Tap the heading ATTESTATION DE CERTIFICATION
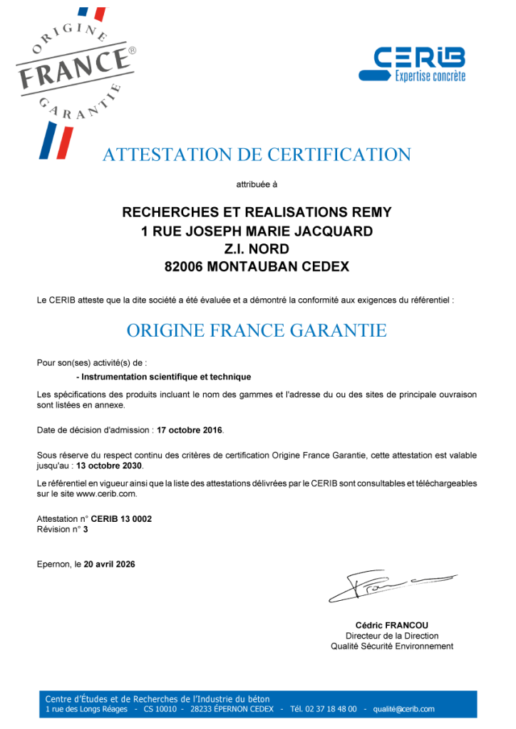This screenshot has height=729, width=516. pos(257,154)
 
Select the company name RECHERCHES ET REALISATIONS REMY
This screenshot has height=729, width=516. pos(257,212)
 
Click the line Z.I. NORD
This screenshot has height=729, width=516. pos(257,248)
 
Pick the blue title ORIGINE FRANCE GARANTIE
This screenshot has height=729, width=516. pos(257,330)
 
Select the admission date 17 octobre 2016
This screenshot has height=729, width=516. pos(190,430)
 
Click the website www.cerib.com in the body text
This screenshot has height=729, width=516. pos(106,493)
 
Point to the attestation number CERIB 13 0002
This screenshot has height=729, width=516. pos(121,519)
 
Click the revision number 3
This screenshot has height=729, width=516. pos(86,529)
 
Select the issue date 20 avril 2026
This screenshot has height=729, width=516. pos(109,564)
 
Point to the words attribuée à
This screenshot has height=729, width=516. pos(257,184)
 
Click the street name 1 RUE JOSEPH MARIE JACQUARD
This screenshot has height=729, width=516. pos(257,231)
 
